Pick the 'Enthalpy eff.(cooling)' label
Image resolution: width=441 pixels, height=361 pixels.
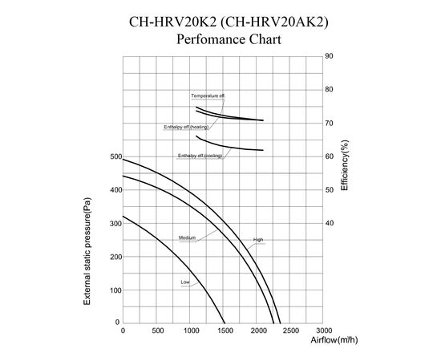pyautogui.click(x=200, y=156)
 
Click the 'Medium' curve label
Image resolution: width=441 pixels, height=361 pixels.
pyautogui.click(x=187, y=238)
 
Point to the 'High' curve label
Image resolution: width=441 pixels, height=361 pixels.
pyautogui.click(x=258, y=240)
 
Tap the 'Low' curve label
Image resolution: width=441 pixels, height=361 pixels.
pyautogui.click(x=185, y=282)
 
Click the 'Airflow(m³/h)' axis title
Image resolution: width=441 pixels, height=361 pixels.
pyautogui.click(x=334, y=340)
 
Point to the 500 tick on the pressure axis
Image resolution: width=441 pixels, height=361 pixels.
pyautogui.click(x=115, y=156)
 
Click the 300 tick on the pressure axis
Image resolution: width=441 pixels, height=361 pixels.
pyautogui.click(x=115, y=223)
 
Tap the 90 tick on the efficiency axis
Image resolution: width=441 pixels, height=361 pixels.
pyautogui.click(x=330, y=56)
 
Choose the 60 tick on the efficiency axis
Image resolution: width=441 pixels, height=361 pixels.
pyautogui.click(x=330, y=156)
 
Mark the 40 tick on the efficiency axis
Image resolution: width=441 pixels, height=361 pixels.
pyautogui.click(x=330, y=223)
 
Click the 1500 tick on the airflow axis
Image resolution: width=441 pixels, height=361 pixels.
pyautogui.click(x=224, y=331)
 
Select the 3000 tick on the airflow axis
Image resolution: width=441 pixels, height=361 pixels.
pyautogui.click(x=324, y=331)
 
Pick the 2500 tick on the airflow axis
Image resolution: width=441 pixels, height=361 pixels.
pyautogui.click(x=290, y=331)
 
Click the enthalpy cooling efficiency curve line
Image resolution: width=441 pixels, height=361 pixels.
pyautogui.click(x=233, y=148)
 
